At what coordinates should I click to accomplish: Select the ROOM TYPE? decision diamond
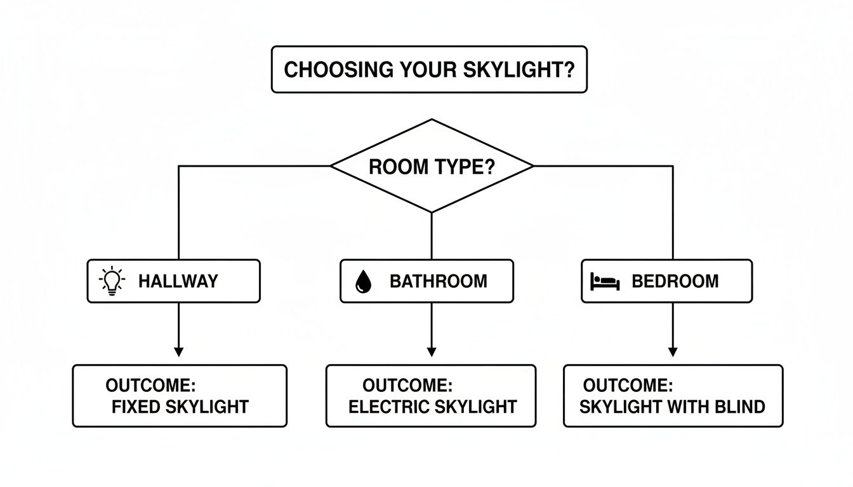click(x=432, y=166)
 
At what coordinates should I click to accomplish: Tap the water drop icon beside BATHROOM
click(x=363, y=281)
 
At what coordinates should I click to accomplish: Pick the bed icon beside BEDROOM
click(x=604, y=281)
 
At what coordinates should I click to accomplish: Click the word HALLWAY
click(x=178, y=281)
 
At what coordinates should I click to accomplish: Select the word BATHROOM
click(x=439, y=281)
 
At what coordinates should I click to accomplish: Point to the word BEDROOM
click(x=675, y=281)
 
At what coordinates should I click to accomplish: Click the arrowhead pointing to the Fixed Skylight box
click(x=178, y=352)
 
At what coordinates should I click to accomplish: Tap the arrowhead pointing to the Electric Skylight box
click(x=432, y=352)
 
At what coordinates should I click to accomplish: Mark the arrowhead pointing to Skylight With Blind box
click(x=673, y=352)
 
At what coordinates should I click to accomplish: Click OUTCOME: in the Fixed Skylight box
click(x=150, y=386)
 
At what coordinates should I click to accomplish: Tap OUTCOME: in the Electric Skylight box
click(x=407, y=385)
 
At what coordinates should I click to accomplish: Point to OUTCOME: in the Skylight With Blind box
click(x=628, y=385)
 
